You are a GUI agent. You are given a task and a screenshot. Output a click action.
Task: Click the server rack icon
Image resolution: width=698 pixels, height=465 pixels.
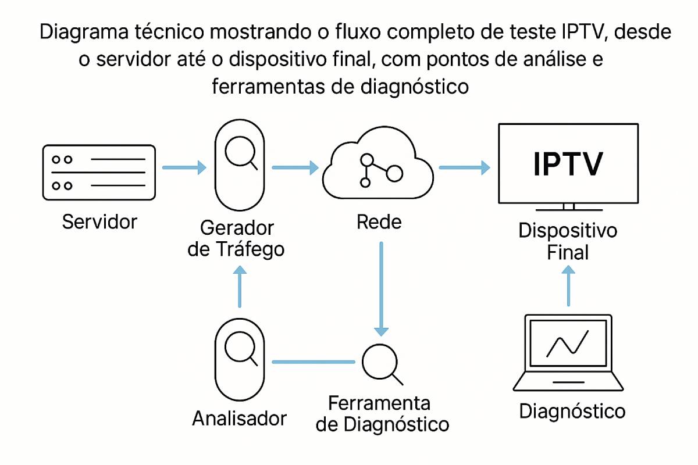point(99,173)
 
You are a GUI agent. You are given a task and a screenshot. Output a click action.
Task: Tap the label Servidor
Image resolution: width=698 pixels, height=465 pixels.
point(99,221)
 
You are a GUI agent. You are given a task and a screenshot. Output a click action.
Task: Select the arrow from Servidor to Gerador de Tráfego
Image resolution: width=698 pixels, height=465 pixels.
point(184,168)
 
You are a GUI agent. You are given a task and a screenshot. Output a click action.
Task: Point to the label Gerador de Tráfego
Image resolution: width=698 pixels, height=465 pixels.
point(237,238)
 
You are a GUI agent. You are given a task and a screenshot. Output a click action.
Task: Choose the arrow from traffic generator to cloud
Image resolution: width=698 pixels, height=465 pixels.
point(295,168)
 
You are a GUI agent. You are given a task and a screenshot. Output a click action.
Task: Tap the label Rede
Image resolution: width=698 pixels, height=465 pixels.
point(379,222)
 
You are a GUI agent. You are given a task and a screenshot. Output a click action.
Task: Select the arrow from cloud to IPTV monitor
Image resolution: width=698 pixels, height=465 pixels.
point(464,168)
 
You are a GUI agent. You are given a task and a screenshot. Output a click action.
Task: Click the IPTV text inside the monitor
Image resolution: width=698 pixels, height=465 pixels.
point(568,164)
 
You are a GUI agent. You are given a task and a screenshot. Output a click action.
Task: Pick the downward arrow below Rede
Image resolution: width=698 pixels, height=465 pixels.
point(381,288)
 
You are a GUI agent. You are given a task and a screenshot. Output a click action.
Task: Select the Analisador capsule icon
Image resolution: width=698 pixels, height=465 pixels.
point(240,355)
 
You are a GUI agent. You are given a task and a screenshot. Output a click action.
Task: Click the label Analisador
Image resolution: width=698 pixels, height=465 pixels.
point(240,418)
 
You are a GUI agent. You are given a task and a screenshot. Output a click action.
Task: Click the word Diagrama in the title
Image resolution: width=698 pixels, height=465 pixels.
point(84,33)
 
